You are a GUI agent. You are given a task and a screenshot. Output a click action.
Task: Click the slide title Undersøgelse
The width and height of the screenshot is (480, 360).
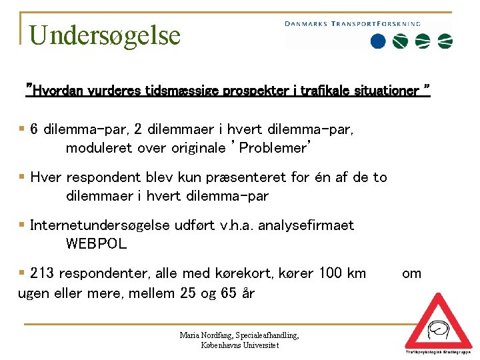(105, 35)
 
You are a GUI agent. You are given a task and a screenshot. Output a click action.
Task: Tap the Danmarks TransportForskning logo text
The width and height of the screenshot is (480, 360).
(353, 23)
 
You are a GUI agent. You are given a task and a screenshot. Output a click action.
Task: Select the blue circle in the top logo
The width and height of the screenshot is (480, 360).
(378, 41)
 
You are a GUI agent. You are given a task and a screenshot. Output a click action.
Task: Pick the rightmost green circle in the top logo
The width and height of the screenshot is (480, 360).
(445, 41)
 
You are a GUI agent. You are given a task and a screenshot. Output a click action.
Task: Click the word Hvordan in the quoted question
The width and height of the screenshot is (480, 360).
(57, 90)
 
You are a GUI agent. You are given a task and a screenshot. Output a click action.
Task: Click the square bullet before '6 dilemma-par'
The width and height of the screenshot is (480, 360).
(22, 129)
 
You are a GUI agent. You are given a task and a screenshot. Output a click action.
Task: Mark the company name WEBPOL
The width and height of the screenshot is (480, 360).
(96, 244)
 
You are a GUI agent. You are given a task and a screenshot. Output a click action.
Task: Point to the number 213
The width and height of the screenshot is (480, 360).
(43, 273)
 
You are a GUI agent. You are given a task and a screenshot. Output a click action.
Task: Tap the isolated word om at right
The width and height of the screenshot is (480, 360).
(411, 273)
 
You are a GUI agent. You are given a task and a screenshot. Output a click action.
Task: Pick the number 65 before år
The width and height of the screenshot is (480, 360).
(226, 293)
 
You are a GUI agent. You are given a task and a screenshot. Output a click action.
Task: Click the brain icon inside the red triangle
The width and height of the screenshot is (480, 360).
(438, 329)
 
